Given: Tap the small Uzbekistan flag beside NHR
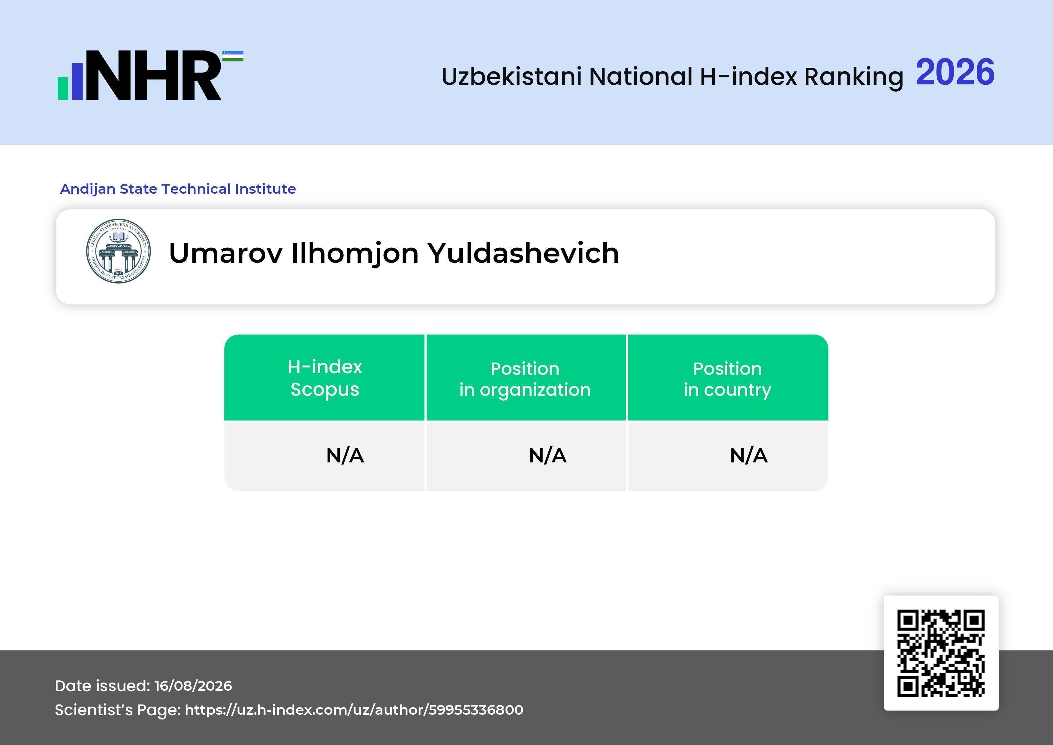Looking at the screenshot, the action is pos(233,56).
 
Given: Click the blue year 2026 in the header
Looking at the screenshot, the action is pos(955,72).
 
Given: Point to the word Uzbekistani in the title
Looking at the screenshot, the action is pos(512,76).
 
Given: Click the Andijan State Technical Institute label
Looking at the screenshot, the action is pos(178,189).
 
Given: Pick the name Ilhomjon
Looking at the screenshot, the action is pos(355,254).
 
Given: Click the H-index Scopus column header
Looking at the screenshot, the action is pos(325,378).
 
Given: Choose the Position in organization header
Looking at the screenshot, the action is pos(525,379).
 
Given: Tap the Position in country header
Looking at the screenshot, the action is pos(727,379).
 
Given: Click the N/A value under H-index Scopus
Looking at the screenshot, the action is pos(345,456).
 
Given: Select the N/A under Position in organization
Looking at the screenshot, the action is pos(548,456).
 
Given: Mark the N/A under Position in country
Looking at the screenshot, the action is pos(748,456).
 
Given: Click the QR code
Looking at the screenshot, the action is pos(941,653).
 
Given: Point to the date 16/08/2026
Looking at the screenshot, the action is pos(193,686).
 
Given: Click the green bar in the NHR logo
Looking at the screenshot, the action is pos(63,88).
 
